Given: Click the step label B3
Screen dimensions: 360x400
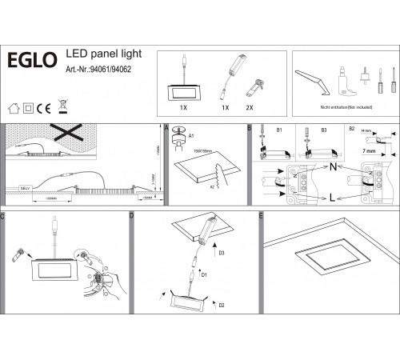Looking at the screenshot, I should pos(324,129).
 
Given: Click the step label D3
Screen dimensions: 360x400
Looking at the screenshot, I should pos(222,253).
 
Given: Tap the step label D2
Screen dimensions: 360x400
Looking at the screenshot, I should pos(221,306).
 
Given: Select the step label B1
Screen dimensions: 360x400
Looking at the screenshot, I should pos(279,129).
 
